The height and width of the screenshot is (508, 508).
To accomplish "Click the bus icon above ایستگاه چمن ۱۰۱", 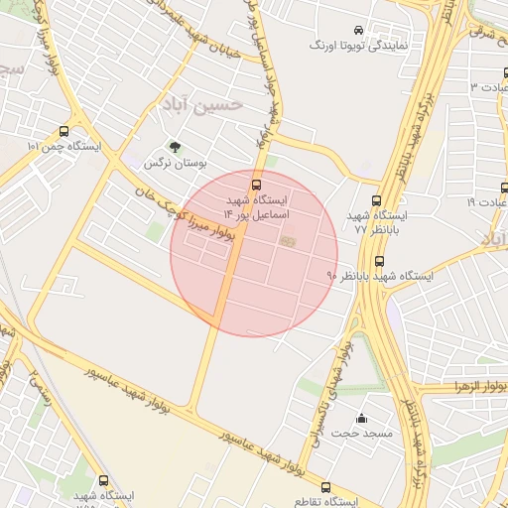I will point(64,131).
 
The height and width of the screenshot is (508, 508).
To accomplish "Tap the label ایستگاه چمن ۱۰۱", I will point(64,147).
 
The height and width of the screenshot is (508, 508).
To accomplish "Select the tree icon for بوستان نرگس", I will point(176,146).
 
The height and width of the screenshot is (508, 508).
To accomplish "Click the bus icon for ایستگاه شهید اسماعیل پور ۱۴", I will point(257,184).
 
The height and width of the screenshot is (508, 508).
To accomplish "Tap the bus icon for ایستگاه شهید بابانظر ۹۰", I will point(380,262).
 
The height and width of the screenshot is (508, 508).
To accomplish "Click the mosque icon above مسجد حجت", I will point(361,418).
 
